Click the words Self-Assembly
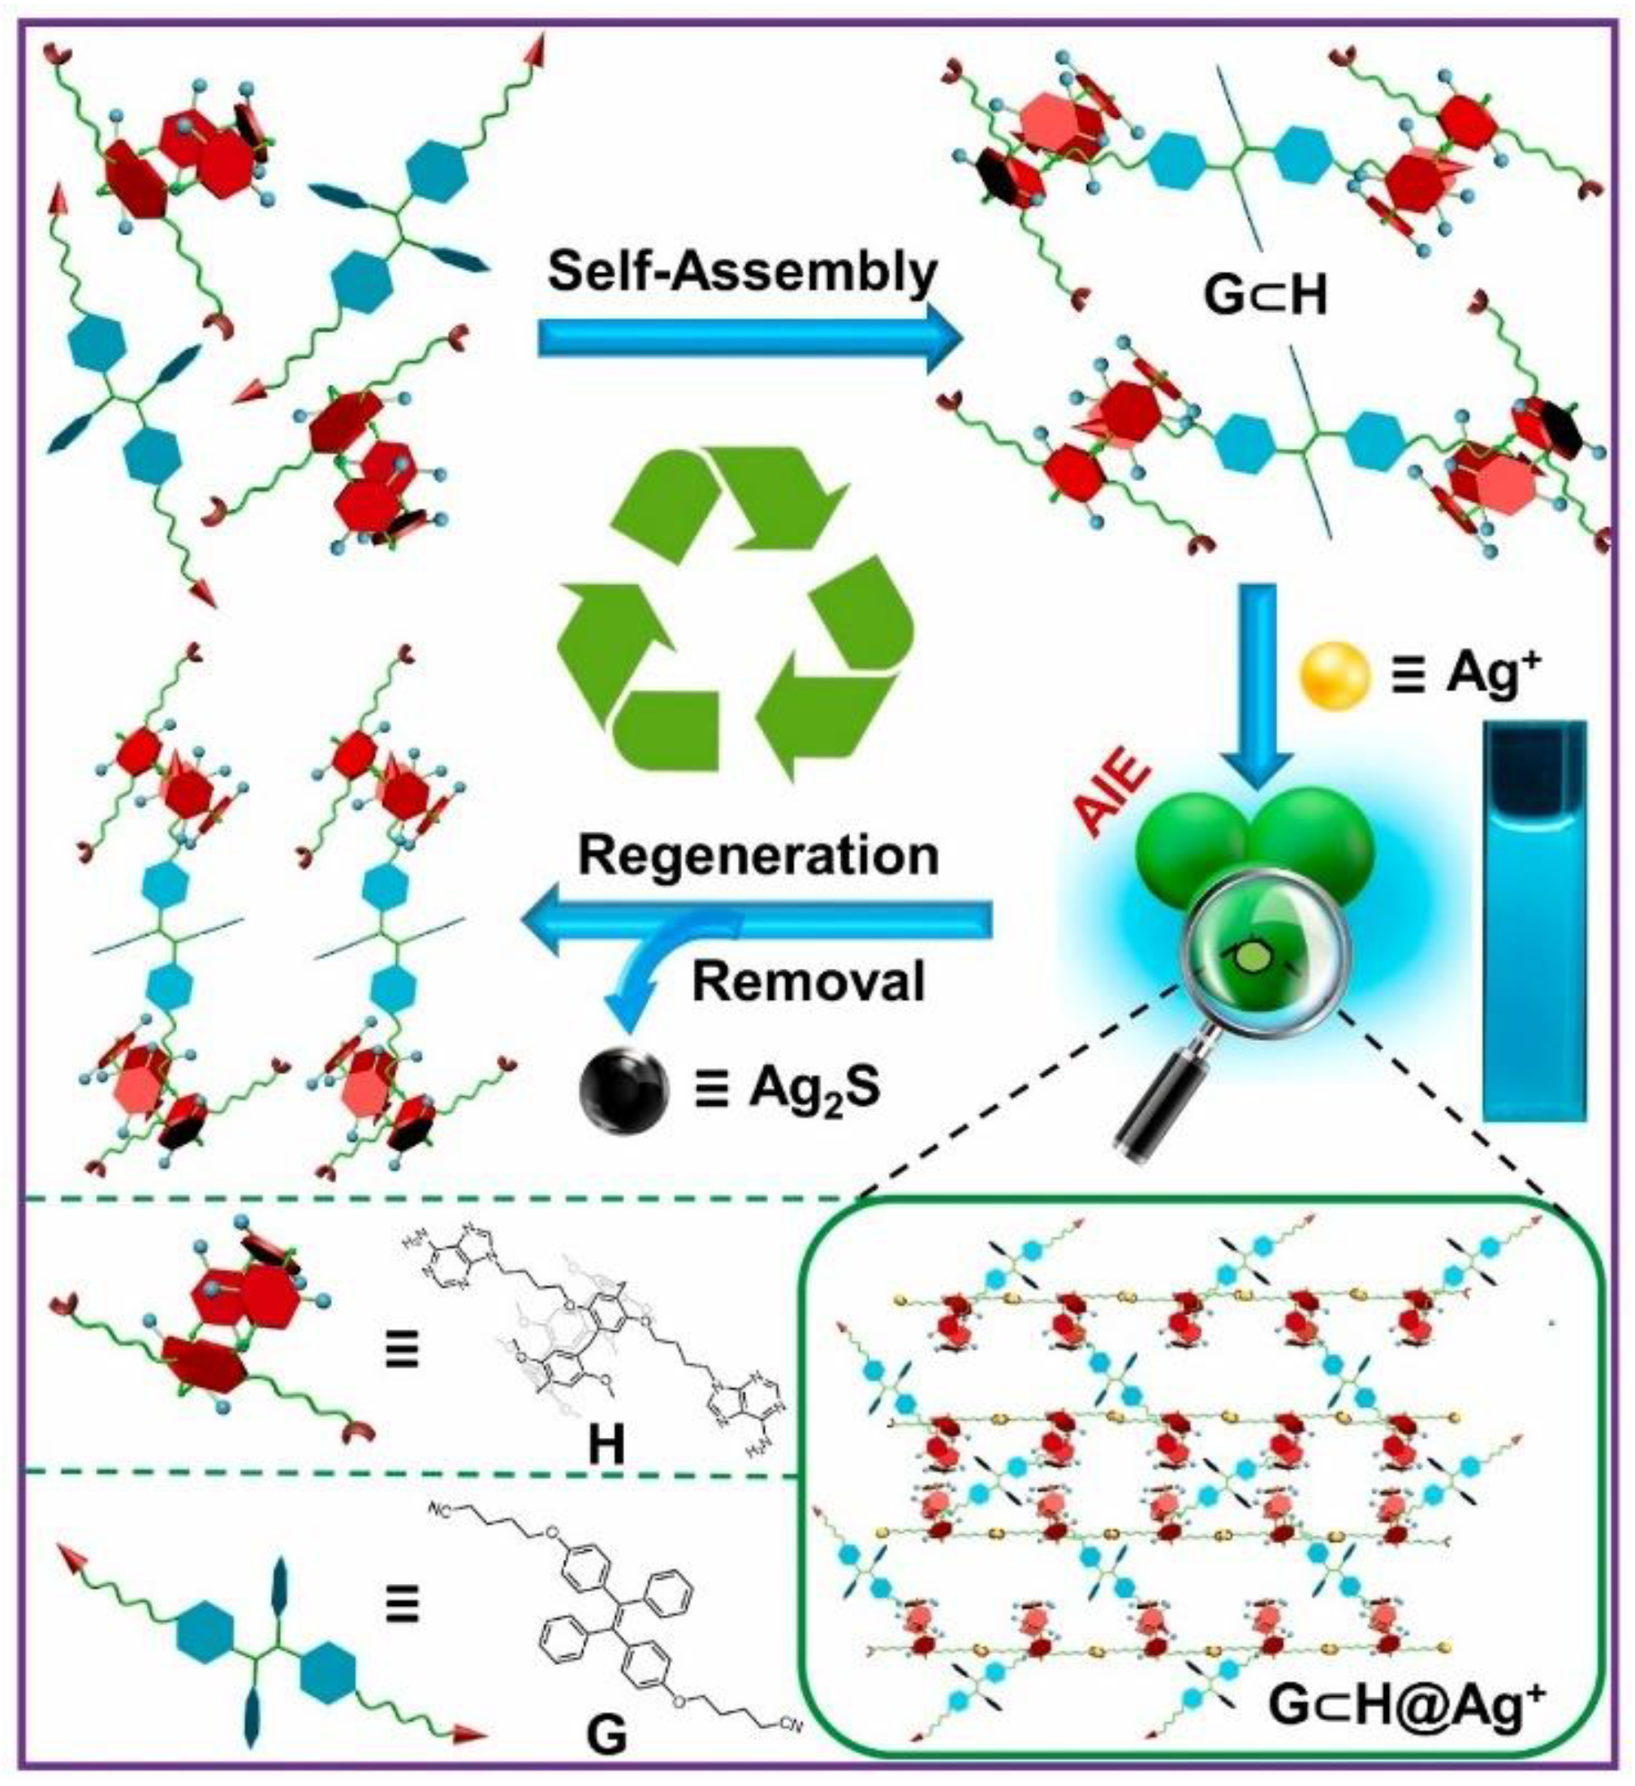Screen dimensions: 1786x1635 tap(743, 271)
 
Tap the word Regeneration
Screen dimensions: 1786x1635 tap(758, 856)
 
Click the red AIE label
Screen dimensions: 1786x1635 tap(1113, 792)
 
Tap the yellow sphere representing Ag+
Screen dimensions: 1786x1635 tap(1335, 678)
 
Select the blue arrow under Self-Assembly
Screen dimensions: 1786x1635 tap(749, 338)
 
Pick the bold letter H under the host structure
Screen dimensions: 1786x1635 tap(606, 1445)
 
